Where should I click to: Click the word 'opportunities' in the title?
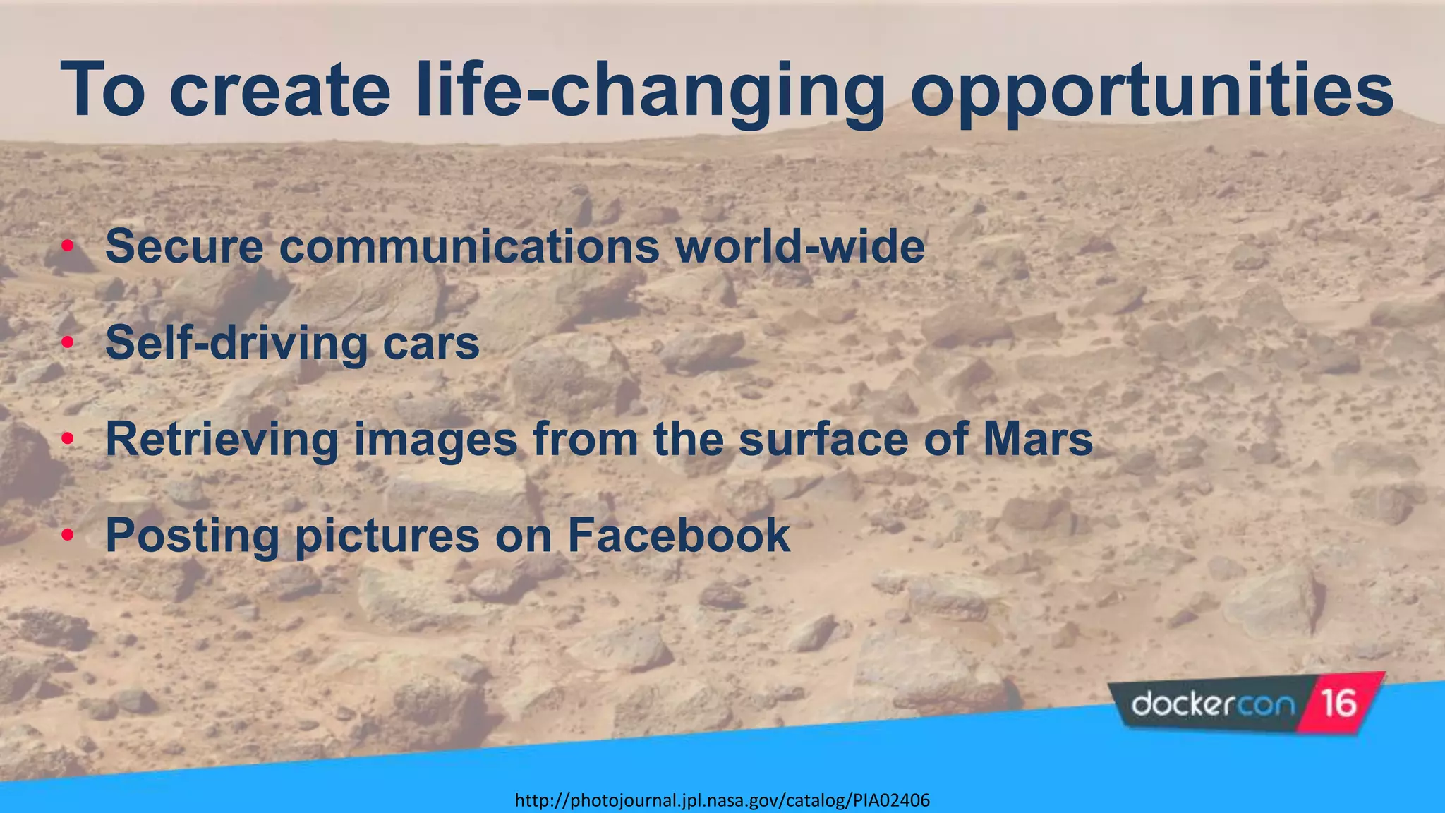pos(1151,92)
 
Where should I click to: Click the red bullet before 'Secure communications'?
pos(68,246)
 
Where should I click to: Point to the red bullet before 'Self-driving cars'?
pos(68,343)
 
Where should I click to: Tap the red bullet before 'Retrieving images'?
pos(68,440)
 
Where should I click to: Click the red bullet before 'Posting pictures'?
pos(68,536)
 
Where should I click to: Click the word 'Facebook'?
pos(679,535)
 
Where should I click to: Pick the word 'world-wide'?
pos(799,246)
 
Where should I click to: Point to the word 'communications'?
pos(469,246)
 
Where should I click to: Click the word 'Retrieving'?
pos(222,439)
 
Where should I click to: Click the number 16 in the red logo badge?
pos(1338,704)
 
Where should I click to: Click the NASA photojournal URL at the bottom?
pos(722,800)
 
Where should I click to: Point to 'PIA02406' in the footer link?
pos(891,800)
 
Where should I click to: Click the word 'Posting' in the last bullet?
pos(192,535)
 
